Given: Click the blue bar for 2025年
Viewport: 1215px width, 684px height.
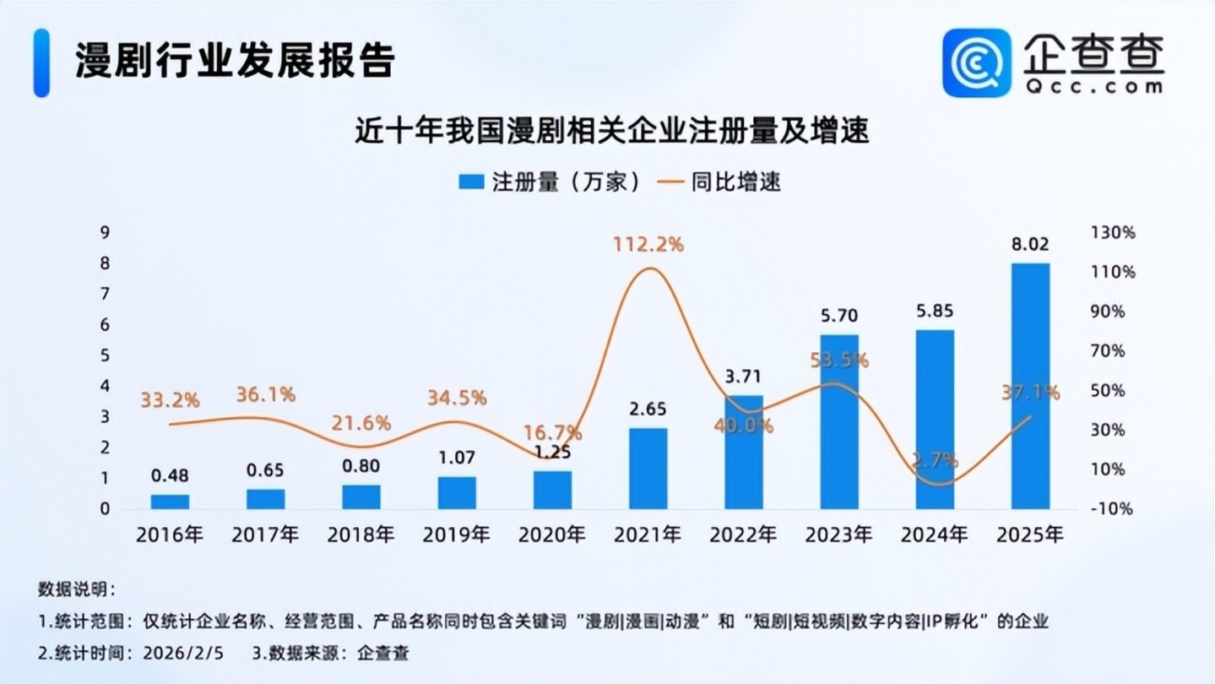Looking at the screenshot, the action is [1030, 386].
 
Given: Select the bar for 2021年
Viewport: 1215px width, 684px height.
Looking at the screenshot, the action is [648, 469].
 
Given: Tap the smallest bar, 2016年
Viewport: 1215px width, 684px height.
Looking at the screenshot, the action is [170, 502].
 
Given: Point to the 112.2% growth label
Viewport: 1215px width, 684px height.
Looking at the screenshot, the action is [648, 245].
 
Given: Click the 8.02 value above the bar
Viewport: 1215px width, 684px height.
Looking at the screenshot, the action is [1030, 245].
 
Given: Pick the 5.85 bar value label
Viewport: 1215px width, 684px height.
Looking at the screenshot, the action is [935, 311].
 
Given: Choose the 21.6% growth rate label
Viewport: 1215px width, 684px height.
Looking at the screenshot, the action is [361, 423].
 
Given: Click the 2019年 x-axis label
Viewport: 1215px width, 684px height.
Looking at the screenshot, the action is [456, 535].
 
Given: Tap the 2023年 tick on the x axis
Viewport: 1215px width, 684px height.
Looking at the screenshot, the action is [838, 535].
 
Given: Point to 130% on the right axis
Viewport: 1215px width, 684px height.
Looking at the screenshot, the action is [1113, 233].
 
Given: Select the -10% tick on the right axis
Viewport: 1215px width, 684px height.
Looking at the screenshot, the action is [1112, 509].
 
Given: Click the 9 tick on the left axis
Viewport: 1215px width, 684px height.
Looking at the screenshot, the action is [105, 233].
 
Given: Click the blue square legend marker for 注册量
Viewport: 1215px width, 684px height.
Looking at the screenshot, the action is [471, 182].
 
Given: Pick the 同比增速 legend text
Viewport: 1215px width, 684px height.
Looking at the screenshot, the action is [735, 182].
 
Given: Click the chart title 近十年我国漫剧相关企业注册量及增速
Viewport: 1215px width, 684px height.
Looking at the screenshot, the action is [612, 131].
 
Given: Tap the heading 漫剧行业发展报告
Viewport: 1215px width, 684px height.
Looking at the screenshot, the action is [235, 60].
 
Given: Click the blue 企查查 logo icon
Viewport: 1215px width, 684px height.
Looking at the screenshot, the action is [977, 63].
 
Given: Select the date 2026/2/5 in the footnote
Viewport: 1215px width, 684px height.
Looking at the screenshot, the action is [183, 653].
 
